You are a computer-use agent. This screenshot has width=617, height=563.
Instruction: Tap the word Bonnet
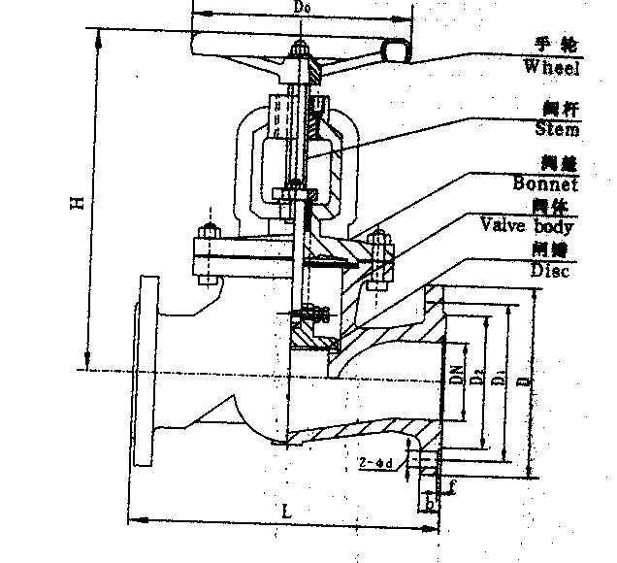(544, 183)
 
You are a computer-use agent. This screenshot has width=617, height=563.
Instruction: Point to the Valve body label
(527, 226)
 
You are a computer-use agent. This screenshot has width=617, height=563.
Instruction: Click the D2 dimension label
(476, 375)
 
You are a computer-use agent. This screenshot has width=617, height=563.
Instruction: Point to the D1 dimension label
(498, 378)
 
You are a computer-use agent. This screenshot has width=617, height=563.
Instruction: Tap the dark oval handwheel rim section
(397, 50)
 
